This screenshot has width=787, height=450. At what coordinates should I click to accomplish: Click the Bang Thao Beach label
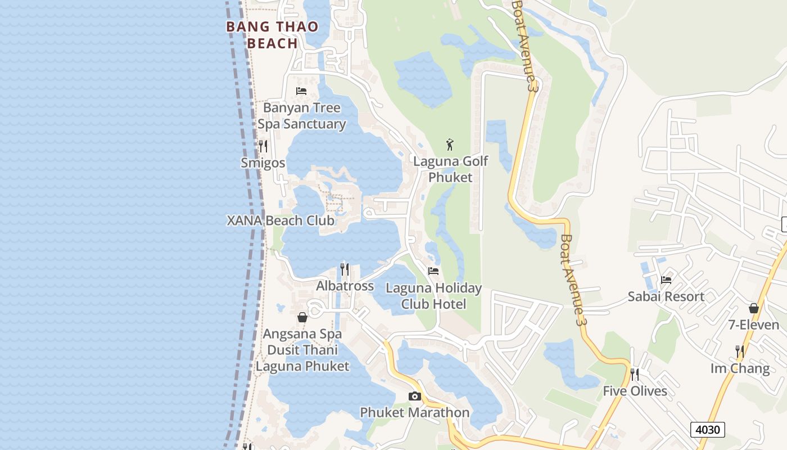coord(273,34)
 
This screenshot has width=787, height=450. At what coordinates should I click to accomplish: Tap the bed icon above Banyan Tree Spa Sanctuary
coord(301,91)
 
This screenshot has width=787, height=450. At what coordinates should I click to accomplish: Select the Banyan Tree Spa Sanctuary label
coord(302,115)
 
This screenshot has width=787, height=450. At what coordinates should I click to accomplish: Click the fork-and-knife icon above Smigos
coord(263,146)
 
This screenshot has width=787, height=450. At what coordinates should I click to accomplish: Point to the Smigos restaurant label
coord(263,163)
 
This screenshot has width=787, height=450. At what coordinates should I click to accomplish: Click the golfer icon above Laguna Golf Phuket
coord(450,145)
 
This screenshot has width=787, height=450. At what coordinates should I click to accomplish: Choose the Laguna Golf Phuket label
coord(451,169)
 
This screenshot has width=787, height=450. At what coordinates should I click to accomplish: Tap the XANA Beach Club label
coord(281,220)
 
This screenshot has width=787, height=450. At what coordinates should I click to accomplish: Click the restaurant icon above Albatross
coord(345,269)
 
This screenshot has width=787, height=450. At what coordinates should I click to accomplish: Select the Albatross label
coord(345,286)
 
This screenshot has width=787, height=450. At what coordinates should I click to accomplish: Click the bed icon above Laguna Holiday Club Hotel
coord(433,271)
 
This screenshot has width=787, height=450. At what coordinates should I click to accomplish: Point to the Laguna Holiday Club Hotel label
coord(433,296)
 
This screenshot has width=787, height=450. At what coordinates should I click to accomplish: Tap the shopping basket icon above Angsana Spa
coord(302,317)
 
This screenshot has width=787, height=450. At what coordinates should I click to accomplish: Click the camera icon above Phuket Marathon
coord(415,396)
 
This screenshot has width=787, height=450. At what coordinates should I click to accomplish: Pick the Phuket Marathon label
coord(415,412)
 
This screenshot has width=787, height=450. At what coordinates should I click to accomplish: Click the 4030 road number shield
coord(708,430)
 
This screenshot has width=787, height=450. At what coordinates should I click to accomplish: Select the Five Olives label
coord(635,391)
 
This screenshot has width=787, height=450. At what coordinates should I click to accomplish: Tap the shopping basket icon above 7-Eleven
coord(754,308)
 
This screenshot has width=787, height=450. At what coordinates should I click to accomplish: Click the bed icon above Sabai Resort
coord(666,280)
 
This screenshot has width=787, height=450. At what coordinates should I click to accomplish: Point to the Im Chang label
coord(740,368)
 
